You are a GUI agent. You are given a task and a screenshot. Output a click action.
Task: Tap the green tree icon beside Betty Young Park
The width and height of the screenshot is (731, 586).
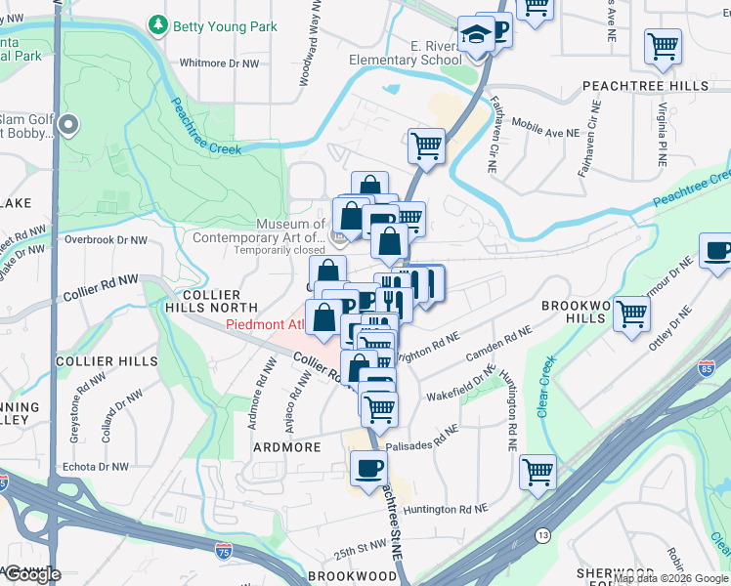click(157, 23)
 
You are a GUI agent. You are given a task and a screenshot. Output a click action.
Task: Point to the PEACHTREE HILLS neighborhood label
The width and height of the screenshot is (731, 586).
click(645, 86)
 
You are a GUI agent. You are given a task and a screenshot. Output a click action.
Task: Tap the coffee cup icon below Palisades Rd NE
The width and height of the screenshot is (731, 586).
click(368, 468)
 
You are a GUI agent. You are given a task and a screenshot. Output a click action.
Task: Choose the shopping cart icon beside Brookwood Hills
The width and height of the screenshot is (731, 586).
click(632, 314)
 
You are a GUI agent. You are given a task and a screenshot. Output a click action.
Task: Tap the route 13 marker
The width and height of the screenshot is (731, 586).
click(541, 535)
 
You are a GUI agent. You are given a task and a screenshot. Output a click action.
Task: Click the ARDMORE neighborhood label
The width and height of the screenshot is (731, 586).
click(287, 446)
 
